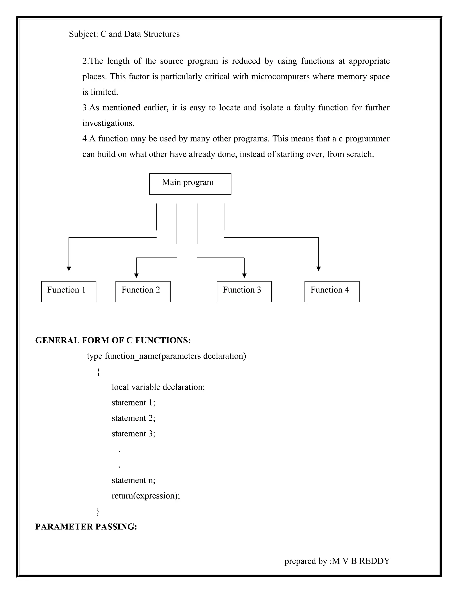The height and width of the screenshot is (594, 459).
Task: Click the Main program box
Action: coord(190,184)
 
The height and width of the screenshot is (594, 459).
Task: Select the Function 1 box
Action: coord(69,291)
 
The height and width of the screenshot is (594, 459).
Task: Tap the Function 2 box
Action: coord(143,291)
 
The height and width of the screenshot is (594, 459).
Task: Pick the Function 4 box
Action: coord(332,291)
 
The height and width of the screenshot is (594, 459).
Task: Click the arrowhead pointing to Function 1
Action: coord(69,269)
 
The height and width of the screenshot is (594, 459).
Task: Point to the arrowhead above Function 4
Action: coord(319,269)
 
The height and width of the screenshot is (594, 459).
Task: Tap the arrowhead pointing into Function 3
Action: coord(244,275)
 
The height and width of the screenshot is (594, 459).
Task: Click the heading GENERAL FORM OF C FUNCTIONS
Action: coord(113,340)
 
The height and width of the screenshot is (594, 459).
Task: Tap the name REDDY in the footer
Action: coord(375,561)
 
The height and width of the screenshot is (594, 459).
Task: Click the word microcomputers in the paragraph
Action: coord(280,76)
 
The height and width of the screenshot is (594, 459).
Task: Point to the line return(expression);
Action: coord(146,496)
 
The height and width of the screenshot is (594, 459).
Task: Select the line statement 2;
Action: coord(133,418)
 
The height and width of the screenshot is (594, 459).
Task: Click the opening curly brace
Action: coord(98,371)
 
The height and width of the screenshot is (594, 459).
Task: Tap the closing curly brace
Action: coord(98,511)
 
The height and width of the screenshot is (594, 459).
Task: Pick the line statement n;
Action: coord(133,480)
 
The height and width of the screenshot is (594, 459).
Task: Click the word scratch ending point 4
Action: coord(360,154)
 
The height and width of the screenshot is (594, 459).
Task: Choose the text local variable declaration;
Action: coord(158,387)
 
